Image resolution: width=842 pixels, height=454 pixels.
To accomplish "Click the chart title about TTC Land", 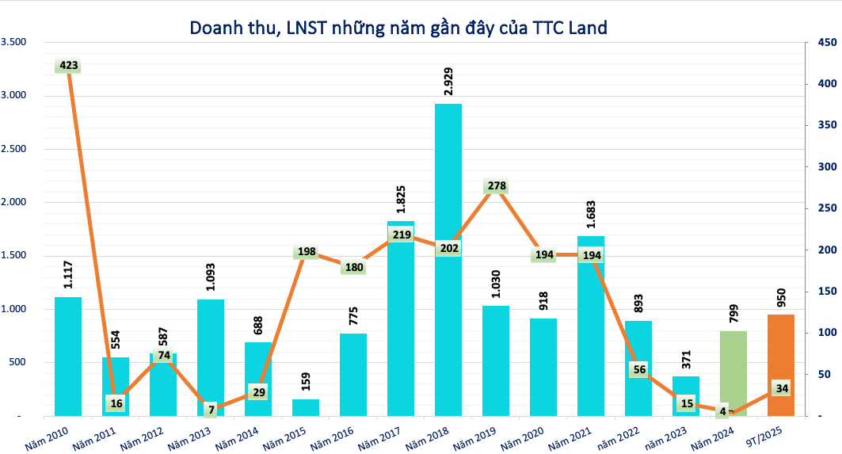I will point(398,29).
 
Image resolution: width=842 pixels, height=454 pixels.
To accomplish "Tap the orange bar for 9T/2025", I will point(780,365).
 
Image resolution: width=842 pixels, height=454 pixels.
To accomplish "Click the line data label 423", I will point(69,66).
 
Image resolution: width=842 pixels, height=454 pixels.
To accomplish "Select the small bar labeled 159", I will point(306,407).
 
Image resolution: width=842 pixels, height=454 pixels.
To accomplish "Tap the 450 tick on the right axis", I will point(828,42).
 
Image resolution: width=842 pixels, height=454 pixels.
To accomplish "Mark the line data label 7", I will point(211,410).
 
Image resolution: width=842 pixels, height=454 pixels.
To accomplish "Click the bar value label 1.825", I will point(401,193).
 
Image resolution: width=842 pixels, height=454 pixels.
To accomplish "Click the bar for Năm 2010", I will point(68,357).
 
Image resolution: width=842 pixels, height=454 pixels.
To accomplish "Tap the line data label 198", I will point(306,253).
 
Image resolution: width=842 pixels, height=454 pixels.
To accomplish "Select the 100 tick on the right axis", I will point(828,333).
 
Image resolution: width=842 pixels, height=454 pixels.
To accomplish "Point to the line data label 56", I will point(638,369).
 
